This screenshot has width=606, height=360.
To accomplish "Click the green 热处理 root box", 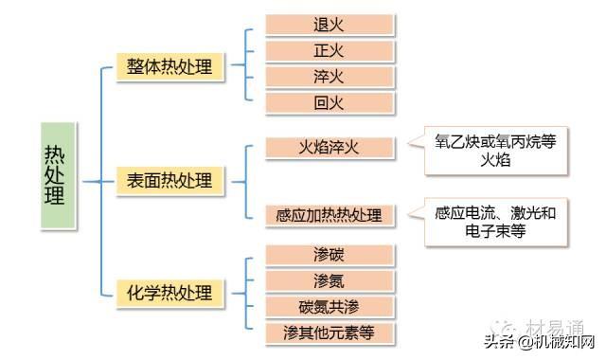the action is point(59,175).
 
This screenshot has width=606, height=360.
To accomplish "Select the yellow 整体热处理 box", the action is point(170,66).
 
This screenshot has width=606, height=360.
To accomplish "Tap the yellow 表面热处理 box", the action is point(170,181).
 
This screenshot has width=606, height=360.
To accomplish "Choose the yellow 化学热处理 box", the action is point(170,293).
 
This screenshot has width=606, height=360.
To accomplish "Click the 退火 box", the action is point(330,26).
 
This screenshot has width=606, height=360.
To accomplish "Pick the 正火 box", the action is point(330,51).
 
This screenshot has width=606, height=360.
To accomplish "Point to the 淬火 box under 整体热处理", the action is point(330,77).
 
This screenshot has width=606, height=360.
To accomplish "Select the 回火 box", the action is point(330,103).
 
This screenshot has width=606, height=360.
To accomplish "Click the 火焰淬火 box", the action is point(330,148).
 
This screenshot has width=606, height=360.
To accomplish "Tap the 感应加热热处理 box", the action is point(330,215).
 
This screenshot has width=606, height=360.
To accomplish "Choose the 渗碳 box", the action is point(330,255).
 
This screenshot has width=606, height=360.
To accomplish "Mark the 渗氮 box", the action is point(330,281).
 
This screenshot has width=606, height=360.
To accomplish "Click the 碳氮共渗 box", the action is point(330,307).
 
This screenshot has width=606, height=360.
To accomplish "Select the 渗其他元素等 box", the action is point(330,333).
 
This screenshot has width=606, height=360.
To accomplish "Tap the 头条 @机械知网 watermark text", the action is point(540,342).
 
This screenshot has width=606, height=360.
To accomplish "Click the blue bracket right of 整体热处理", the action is point(246,64).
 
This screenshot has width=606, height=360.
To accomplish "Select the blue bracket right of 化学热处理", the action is point(246,293).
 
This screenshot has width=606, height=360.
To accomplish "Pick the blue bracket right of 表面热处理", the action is point(246,182).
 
